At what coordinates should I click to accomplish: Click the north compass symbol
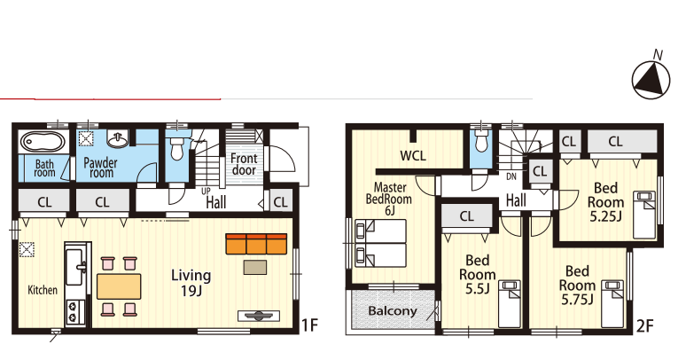[x=651, y=80]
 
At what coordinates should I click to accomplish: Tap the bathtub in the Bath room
[x=43, y=142]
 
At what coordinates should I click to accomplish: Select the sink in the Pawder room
[x=117, y=139]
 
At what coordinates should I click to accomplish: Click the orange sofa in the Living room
[x=256, y=244]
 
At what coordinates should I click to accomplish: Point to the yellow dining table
[x=119, y=286]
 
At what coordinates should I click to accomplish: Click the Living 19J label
[x=191, y=283]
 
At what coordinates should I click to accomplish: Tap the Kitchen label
[x=43, y=290]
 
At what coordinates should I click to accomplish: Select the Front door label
[x=244, y=164]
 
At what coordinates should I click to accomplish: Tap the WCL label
[x=412, y=155]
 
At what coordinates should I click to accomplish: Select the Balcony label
[x=393, y=311]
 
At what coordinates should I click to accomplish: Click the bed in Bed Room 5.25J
[x=644, y=215]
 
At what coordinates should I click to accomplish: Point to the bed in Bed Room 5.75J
[x=612, y=303]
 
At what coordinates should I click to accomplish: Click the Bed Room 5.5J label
[x=478, y=275]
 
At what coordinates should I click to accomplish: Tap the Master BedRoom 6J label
[x=389, y=199]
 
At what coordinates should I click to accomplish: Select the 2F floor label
[x=645, y=325]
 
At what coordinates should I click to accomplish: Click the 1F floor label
[x=309, y=325]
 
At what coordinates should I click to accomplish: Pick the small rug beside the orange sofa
[x=255, y=267]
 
